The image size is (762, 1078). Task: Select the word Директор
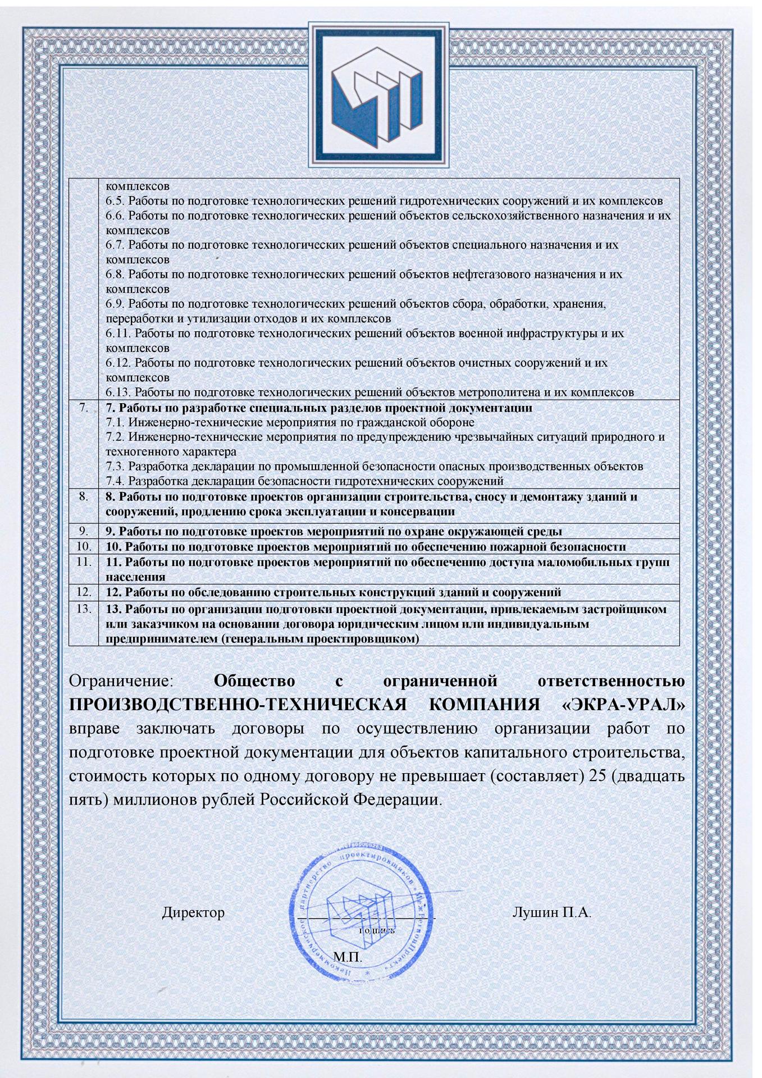tap(193, 912)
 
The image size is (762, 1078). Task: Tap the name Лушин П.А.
tap(551, 912)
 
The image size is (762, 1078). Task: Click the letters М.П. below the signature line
tap(348, 955)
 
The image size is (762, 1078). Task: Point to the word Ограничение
tap(122, 682)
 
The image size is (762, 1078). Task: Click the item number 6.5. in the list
tap(116, 200)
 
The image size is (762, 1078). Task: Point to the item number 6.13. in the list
tap(119, 392)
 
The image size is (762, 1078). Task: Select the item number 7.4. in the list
tap(116, 481)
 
